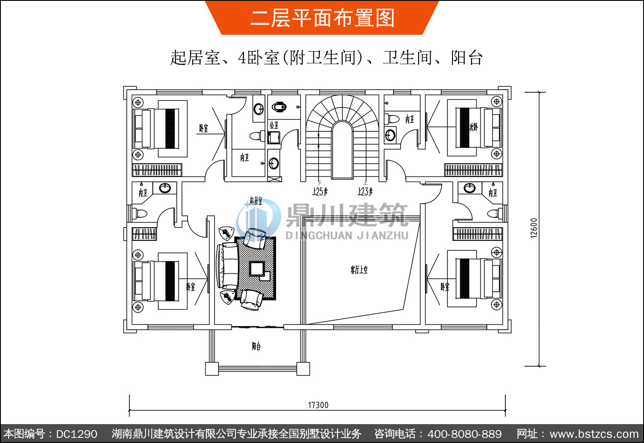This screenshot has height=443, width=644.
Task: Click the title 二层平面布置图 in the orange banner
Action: [322, 18]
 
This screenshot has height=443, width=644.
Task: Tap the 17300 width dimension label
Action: [318, 405]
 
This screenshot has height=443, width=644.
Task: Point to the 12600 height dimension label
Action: [534, 228]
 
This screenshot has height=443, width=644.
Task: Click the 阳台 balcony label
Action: [256, 346]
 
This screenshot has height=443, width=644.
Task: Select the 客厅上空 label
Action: [359, 270]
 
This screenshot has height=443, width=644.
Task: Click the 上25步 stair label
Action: [320, 191]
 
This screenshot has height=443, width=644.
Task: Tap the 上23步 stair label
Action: [365, 191]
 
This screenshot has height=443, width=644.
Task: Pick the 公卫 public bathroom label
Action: [274, 125]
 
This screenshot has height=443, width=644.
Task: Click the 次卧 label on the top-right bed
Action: [473, 127]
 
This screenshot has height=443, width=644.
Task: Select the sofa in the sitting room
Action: [228, 266]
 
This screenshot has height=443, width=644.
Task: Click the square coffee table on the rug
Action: [257, 269]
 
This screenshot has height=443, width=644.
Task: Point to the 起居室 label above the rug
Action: [256, 200]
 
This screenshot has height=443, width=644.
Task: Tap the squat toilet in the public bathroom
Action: [279, 106]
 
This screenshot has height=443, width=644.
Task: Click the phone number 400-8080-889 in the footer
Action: [465, 434]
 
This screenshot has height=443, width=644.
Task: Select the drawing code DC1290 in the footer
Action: [76, 434]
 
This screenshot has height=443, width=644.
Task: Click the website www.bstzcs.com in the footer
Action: [594, 434]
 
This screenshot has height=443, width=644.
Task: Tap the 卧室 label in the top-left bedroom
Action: [204, 128]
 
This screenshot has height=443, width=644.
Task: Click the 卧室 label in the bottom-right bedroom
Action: [445, 287]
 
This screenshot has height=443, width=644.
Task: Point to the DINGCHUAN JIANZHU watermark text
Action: [347, 235]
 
